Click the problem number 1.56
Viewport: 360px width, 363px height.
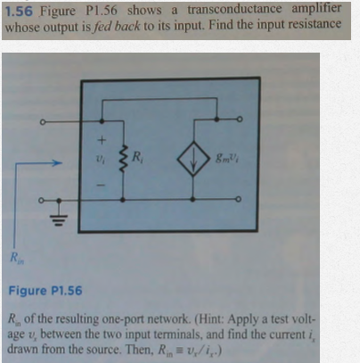19,12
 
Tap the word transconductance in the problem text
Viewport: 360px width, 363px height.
234,10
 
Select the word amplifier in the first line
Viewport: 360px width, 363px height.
316,9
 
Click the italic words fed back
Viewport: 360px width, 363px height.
116,26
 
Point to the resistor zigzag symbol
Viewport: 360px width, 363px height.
123,160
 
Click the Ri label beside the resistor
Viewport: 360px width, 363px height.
137,157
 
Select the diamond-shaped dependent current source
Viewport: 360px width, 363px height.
193,159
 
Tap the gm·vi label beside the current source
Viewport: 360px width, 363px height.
228,158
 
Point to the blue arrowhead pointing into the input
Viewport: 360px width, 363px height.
58,162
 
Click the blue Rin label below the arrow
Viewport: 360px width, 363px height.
17,258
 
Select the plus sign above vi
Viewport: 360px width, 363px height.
102,140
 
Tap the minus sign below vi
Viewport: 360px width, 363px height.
102,185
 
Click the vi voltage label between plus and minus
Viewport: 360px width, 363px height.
101,160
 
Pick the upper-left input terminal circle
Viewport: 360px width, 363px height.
43,122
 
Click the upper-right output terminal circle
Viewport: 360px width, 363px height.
240,120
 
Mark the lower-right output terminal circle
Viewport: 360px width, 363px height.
238,199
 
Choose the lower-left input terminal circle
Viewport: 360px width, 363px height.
41,201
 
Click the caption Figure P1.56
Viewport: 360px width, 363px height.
45,291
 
